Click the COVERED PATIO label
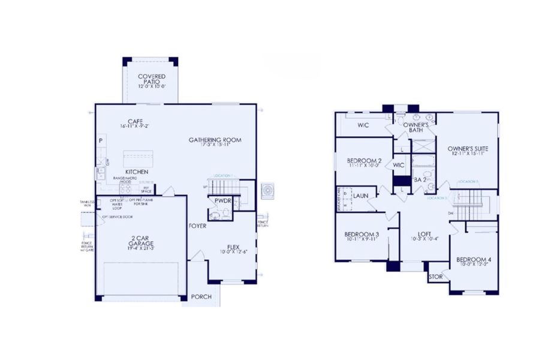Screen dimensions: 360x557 pos(151,79)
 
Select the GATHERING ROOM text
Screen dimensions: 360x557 pos(215,140)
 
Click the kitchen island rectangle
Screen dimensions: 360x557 pos(138,159)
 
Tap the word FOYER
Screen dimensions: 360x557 pos(198,226)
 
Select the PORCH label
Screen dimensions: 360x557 pos(201,297)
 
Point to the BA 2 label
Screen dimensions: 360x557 pos(420,179)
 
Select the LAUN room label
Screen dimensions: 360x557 pos(360,196)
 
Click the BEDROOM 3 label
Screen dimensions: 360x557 pos(361,234)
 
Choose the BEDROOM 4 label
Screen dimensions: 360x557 pos(474,260)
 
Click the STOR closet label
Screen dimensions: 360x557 pos(436,277)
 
